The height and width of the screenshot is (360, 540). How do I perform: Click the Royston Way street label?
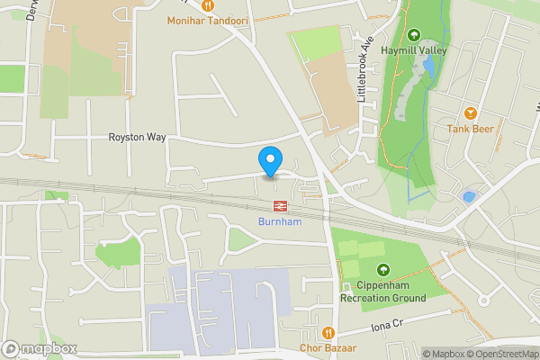tap(138, 138)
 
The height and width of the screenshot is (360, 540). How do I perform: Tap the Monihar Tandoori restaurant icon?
tap(207, 5)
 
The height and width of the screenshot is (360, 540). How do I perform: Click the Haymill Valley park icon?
tap(414, 36)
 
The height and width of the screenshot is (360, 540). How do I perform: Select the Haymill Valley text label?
tap(414, 51)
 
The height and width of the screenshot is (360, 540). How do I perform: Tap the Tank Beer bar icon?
tap(470, 113)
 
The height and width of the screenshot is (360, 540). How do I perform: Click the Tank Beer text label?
tap(470, 130)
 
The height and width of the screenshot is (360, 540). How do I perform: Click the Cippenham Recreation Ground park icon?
tap(383, 269)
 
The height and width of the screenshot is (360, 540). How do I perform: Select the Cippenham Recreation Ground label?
tap(383, 291)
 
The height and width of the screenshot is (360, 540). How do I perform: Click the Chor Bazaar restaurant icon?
tap(329, 332)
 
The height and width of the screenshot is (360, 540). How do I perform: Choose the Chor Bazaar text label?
tap(329, 348)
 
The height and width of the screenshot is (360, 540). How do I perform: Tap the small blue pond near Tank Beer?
tap(468, 196)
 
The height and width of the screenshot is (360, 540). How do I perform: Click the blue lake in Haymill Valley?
tap(429, 67)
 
